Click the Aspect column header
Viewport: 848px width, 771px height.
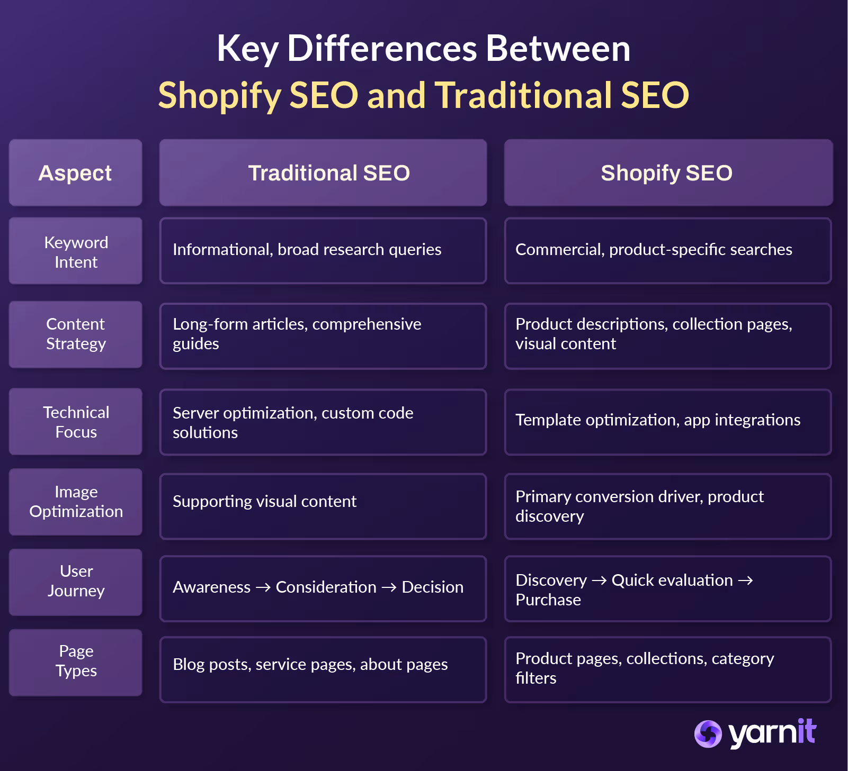pyautogui.click(x=75, y=173)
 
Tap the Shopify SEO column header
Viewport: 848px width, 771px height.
pyautogui.click(x=668, y=173)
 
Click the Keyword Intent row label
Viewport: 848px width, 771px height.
pyautogui.click(x=76, y=252)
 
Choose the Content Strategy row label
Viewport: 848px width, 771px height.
pyautogui.click(x=76, y=334)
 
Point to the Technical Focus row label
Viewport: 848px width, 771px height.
pyautogui.click(x=76, y=422)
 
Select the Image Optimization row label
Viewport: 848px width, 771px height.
pyautogui.click(x=76, y=502)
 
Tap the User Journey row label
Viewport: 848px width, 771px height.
pyautogui.click(x=76, y=581)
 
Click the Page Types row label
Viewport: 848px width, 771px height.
pyautogui.click(x=76, y=661)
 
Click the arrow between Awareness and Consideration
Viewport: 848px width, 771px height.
pyautogui.click(x=263, y=587)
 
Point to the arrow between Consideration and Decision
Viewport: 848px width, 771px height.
pyautogui.click(x=389, y=587)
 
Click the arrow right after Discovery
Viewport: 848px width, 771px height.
pyautogui.click(x=599, y=580)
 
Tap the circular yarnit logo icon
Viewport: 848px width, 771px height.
pyautogui.click(x=708, y=734)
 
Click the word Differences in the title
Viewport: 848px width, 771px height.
pyautogui.click(x=382, y=49)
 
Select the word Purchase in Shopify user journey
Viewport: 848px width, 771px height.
pyautogui.click(x=548, y=600)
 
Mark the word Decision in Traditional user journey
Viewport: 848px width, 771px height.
pyautogui.click(x=432, y=587)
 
